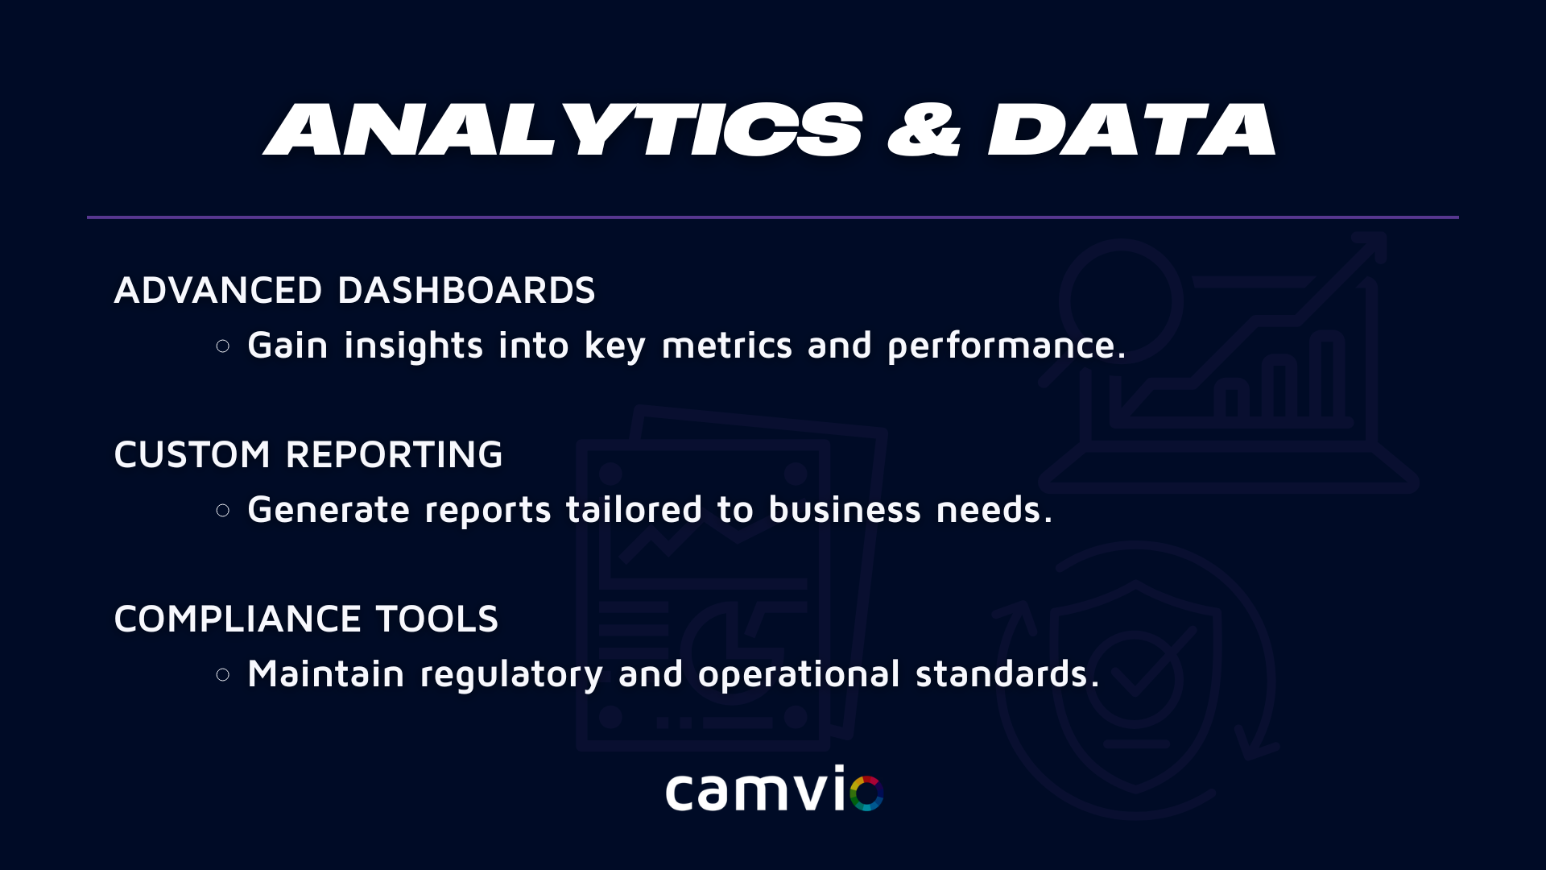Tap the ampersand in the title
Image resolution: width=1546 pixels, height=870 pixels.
point(924,129)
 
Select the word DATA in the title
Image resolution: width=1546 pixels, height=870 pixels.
point(1131,129)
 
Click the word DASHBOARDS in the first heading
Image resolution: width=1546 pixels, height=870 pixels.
point(466,290)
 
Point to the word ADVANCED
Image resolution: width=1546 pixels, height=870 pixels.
point(218,290)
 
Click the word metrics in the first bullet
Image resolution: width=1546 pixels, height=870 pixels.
point(727,346)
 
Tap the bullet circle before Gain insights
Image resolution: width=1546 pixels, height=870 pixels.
point(223,346)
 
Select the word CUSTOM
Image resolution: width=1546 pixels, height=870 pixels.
point(192,454)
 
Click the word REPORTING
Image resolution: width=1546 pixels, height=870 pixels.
point(395,454)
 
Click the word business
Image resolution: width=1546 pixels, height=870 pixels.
point(845,509)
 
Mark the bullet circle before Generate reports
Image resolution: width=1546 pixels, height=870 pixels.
point(223,510)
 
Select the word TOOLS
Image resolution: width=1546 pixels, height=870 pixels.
point(437,619)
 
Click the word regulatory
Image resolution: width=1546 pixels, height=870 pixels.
point(511,675)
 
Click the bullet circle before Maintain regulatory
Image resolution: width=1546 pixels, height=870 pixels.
point(223,674)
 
